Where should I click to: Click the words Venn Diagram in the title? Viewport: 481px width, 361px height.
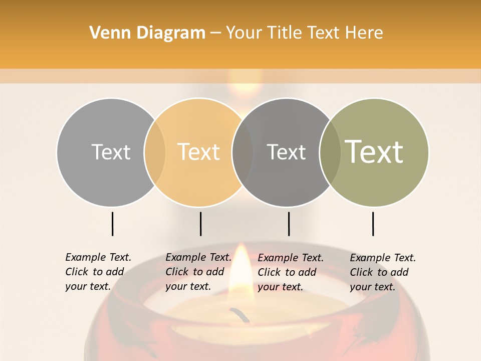[x=147, y=33]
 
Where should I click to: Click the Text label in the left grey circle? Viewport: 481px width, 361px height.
[x=111, y=152]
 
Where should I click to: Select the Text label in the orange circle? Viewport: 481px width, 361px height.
[x=199, y=152]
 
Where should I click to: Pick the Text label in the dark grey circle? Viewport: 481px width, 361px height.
[x=286, y=152]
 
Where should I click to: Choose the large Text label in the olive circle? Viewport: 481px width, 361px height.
[x=374, y=152]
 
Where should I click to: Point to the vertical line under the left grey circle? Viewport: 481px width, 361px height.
[x=112, y=224]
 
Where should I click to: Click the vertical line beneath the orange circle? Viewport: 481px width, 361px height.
[x=200, y=224]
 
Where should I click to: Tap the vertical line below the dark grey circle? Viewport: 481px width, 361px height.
[x=289, y=224]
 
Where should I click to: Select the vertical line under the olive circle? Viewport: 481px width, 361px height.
[x=373, y=224]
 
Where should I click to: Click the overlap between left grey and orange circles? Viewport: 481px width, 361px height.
[x=155, y=152]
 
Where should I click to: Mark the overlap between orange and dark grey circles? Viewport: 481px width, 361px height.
[x=243, y=152]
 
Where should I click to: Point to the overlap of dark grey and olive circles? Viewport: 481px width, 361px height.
[x=330, y=152]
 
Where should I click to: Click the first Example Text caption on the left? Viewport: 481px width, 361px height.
[x=98, y=272]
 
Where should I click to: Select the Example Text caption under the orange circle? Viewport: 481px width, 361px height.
[x=198, y=272]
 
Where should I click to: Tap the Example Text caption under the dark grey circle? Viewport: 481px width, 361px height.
[x=290, y=272]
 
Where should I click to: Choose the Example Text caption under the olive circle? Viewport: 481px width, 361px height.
[x=382, y=272]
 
